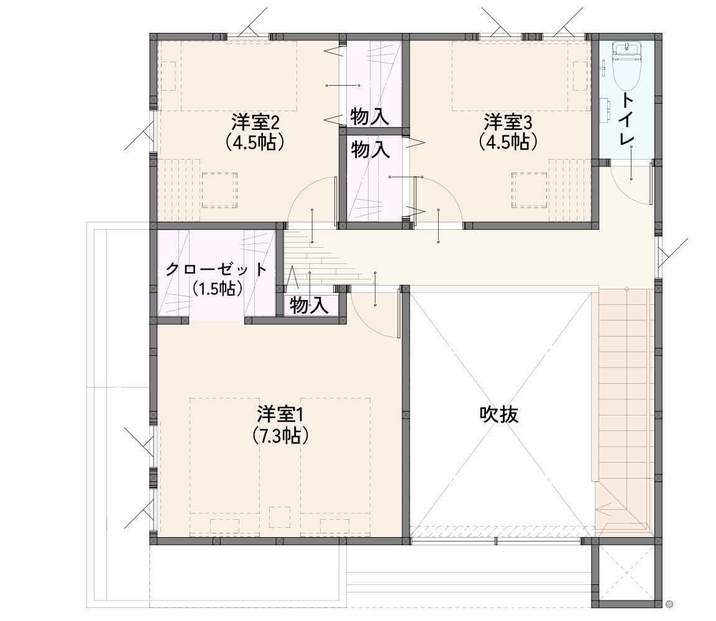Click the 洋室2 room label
click(x=255, y=122)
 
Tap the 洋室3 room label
click(x=508, y=122)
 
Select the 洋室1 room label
click(x=280, y=415)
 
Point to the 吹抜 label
click(x=499, y=415)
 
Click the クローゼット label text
click(x=216, y=270)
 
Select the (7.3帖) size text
click(x=280, y=436)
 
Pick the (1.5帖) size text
click(x=217, y=289)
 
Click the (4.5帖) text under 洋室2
click(x=255, y=142)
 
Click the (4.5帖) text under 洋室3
click(x=508, y=142)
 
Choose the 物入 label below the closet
click(x=309, y=306)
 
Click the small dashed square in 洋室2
click(x=219, y=190)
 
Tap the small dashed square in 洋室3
click(x=530, y=190)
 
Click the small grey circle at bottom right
click(x=669, y=604)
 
